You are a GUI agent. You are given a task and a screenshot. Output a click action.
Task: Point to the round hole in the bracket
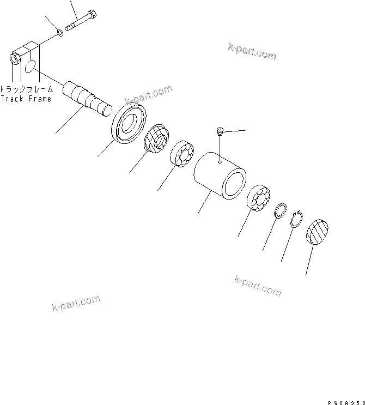click(31, 66)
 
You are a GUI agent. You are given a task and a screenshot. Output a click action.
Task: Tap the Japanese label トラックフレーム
click(26, 88)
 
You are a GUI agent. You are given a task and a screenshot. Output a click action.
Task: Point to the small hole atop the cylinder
click(218, 161)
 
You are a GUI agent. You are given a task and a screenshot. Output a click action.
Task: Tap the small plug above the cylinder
click(219, 131)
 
